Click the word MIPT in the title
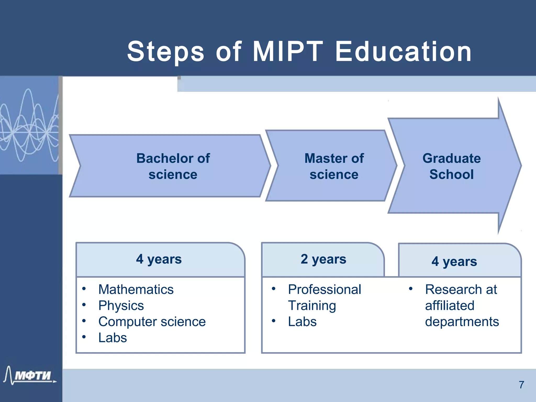[x=288, y=52]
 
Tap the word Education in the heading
[x=404, y=52]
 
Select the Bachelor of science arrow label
[x=173, y=166]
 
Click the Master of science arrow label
[x=334, y=166]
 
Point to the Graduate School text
[x=451, y=166]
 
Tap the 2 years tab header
[x=323, y=259]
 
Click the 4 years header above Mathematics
[x=159, y=259]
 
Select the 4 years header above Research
[x=454, y=261]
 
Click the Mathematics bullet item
[x=136, y=289]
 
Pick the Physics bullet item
[x=121, y=305]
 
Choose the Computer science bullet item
[x=152, y=322]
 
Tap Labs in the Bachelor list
[x=113, y=338]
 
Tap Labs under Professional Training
[x=302, y=322]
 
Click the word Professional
[x=325, y=289]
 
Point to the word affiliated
[x=449, y=305]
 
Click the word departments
[x=462, y=322]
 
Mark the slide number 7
[x=521, y=385]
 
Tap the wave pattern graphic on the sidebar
[x=29, y=126]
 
